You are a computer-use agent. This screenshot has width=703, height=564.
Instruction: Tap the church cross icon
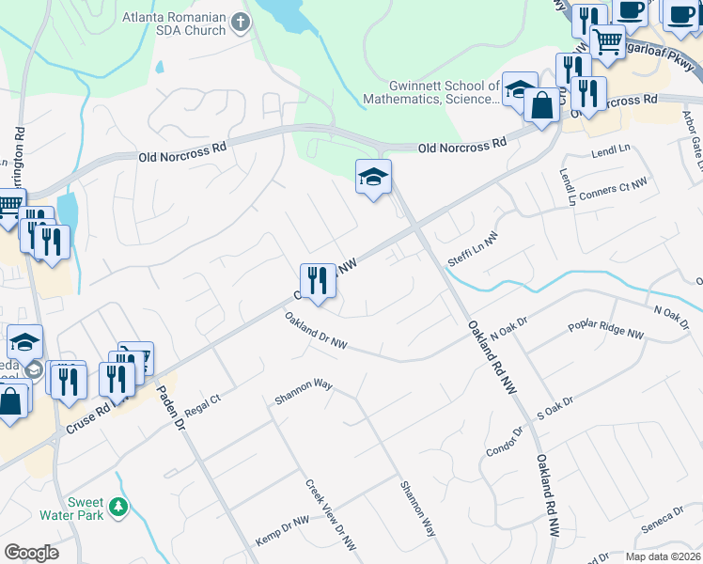click(x=242, y=22)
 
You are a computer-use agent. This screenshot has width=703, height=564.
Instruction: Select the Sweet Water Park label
click(x=70, y=509)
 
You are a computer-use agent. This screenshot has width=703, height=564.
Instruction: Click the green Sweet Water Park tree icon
click(x=118, y=508)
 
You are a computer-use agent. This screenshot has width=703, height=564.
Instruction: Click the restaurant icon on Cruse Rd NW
click(x=318, y=280)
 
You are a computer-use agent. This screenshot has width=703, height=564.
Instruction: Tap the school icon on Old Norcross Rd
click(x=373, y=176)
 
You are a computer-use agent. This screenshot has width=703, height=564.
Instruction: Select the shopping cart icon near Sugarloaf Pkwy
click(x=607, y=41)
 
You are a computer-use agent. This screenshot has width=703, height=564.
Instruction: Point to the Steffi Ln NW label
click(x=472, y=250)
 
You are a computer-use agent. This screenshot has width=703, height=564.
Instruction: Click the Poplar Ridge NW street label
click(x=606, y=330)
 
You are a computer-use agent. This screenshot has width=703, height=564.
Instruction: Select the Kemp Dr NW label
click(x=282, y=533)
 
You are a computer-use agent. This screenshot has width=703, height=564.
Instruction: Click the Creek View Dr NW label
click(x=331, y=514)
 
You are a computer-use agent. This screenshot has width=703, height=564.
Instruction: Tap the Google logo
click(x=32, y=553)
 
